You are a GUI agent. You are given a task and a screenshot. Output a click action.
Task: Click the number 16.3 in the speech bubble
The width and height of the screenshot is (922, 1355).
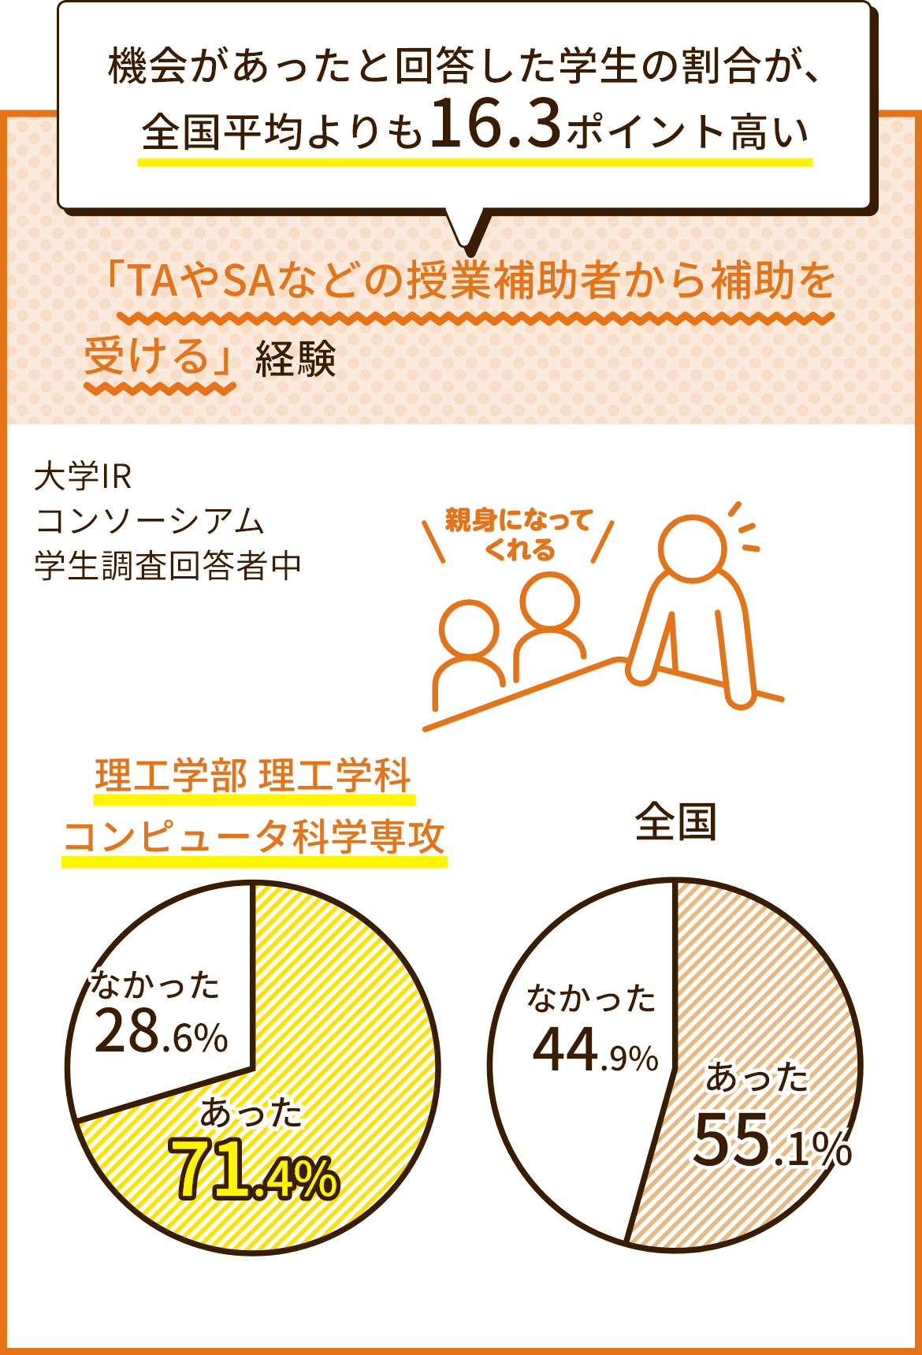pos(496,124)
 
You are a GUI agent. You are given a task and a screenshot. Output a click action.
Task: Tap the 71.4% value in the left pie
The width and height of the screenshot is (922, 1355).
pos(254,1170)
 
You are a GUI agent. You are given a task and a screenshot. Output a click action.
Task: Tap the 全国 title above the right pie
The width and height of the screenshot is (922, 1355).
pos(675,822)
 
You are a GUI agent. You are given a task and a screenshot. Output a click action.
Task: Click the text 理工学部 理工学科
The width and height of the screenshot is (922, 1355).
pos(253,776)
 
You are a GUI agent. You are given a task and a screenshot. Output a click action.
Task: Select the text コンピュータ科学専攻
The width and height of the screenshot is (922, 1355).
pos(254,837)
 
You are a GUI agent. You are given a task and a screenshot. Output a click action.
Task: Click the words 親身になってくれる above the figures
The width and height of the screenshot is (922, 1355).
pos(519,534)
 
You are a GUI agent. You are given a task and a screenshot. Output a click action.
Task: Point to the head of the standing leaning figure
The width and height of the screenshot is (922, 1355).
pos(693,548)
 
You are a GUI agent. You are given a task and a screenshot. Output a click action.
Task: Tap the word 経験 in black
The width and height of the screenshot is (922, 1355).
pos(296,360)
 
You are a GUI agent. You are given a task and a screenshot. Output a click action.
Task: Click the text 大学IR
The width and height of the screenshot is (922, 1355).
pos(83,476)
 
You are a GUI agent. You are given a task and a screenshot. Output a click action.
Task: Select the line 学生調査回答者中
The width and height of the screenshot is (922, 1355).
pos(168,565)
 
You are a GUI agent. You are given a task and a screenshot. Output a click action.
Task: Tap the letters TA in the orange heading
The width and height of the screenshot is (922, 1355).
pos(152,281)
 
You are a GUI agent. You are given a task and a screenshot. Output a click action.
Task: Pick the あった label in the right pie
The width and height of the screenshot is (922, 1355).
pos(757,1078)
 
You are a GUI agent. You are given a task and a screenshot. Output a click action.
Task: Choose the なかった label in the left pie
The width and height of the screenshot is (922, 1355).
pos(155,985)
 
